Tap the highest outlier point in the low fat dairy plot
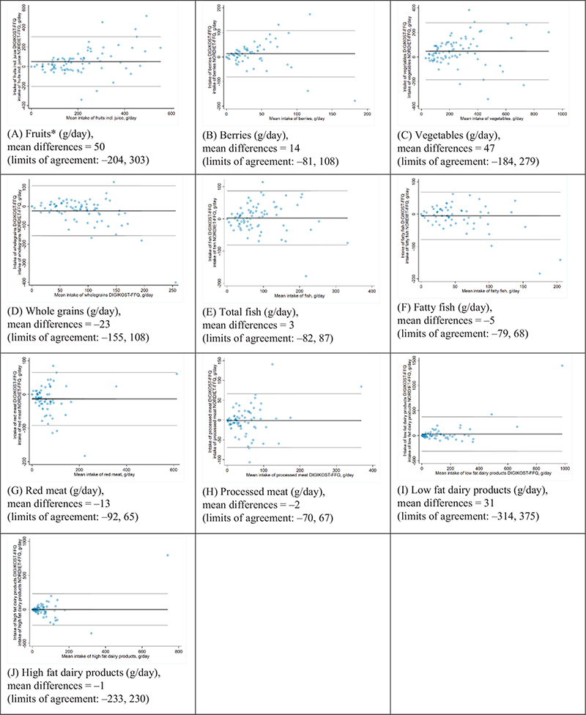coord(563,366)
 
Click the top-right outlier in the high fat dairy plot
coord(168,555)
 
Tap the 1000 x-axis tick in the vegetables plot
coord(563,114)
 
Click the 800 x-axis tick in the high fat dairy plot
coord(179,650)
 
